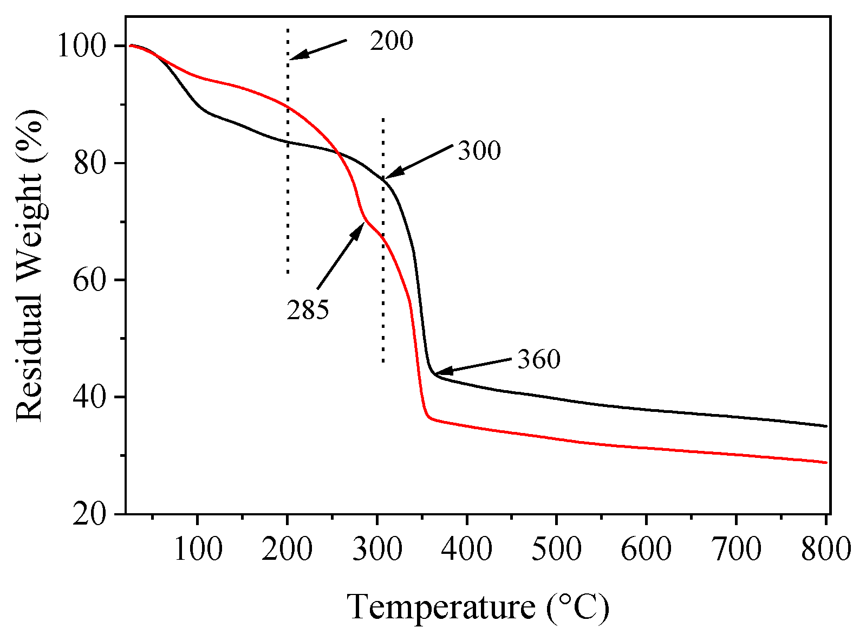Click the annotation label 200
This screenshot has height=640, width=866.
[x=391, y=41]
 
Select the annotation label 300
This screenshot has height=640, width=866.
[x=479, y=151]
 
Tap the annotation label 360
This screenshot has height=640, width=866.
[x=538, y=359]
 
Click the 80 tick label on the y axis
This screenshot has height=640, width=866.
[x=90, y=163]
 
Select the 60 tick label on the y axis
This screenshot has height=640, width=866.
[x=90, y=280]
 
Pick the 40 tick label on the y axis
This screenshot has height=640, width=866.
[x=90, y=397]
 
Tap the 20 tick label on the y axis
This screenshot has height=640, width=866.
[x=90, y=514]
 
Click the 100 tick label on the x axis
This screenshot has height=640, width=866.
[x=198, y=550]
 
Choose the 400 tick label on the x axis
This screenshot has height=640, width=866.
[x=466, y=550]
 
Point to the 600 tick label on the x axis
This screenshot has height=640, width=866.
[x=646, y=550]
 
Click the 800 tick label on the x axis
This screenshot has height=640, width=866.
[x=825, y=550]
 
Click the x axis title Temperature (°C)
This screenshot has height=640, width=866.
[x=478, y=607]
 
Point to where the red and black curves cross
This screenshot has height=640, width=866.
[x=339, y=153]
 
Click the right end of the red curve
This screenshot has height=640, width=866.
[x=826, y=462]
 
